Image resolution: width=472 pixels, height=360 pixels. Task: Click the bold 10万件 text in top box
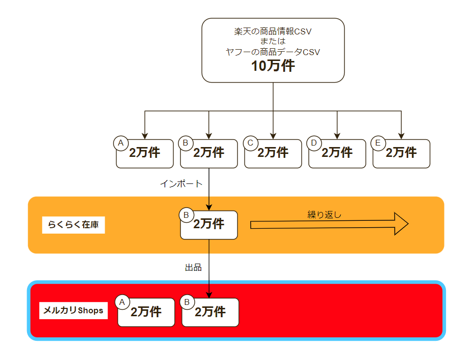click(x=273, y=65)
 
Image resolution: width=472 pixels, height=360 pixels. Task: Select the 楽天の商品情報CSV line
click(x=273, y=31)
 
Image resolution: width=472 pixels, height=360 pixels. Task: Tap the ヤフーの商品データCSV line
click(x=273, y=52)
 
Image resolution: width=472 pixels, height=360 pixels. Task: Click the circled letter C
click(x=250, y=143)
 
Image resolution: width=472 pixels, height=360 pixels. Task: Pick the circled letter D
click(x=314, y=143)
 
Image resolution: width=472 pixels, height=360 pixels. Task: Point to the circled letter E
click(x=378, y=143)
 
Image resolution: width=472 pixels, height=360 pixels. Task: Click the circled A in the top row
click(x=121, y=143)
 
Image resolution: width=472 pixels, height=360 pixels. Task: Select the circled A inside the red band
click(x=122, y=302)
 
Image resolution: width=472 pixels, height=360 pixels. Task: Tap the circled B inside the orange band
click(x=186, y=215)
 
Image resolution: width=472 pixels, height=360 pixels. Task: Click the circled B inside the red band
click(x=187, y=302)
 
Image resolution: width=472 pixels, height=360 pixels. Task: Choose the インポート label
click(x=181, y=183)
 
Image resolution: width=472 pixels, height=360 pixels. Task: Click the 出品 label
click(x=193, y=267)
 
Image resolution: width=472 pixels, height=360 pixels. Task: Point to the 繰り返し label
click(x=324, y=214)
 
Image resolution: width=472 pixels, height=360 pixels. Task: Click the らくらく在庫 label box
click(x=73, y=225)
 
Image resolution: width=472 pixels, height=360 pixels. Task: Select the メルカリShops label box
click(x=73, y=310)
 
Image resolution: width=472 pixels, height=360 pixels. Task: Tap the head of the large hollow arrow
click(x=402, y=224)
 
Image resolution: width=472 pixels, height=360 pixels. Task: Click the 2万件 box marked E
click(x=401, y=153)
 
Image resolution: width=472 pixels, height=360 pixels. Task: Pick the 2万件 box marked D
click(x=337, y=153)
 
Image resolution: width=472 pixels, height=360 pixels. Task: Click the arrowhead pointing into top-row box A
click(x=145, y=136)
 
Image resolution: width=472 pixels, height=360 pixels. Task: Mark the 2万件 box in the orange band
click(x=209, y=225)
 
